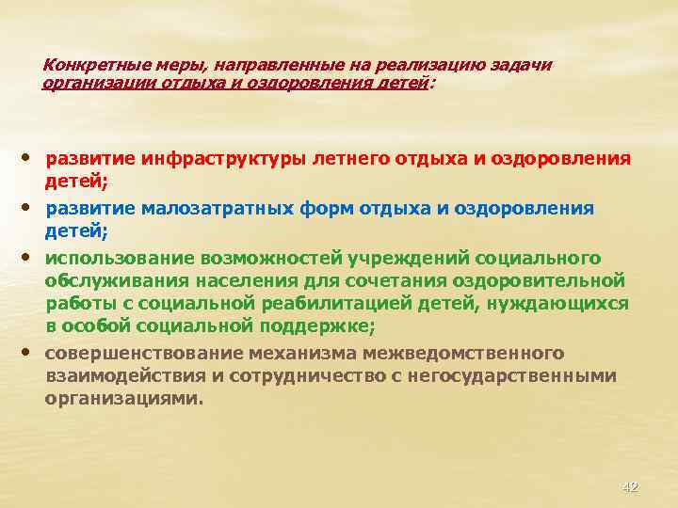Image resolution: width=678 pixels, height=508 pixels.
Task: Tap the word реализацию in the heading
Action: pos(430,65)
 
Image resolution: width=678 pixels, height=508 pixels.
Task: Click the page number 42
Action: pos(630,486)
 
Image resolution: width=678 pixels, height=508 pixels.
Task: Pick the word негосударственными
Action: pos(513,375)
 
